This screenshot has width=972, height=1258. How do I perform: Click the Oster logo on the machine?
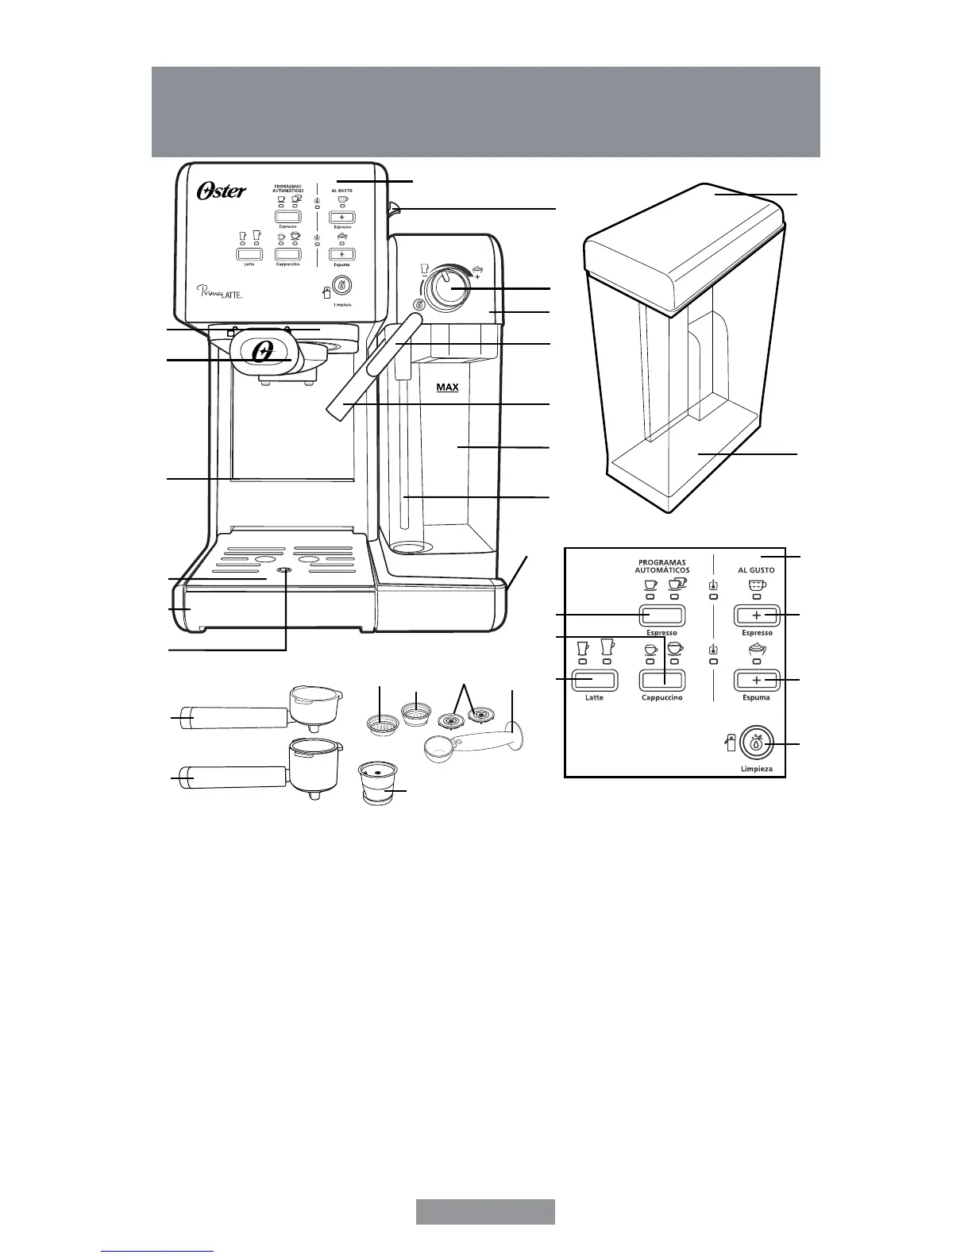[222, 191]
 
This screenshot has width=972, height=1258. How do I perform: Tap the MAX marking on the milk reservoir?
[447, 388]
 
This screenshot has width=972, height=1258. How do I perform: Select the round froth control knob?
[445, 289]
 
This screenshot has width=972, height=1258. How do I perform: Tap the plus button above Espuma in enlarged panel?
[756, 681]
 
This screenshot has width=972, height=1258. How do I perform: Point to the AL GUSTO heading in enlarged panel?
[756, 570]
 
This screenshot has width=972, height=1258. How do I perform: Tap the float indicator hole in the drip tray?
[283, 569]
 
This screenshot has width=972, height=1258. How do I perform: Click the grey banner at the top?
[485, 112]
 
